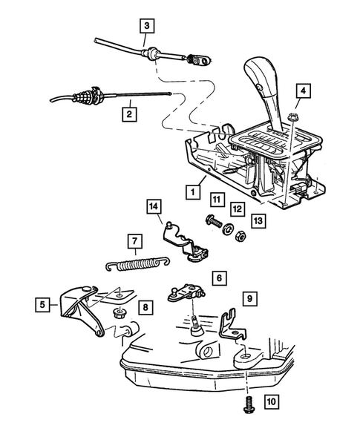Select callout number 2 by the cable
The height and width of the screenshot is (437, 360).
tap(129, 114)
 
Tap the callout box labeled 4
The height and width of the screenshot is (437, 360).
tap(303, 92)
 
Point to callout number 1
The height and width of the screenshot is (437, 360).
tap(192, 191)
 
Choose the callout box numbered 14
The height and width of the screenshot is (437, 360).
tap(154, 206)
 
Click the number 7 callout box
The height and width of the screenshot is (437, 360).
tap(134, 241)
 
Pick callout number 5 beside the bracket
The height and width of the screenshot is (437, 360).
tap(44, 303)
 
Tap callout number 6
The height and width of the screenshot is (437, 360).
tap(219, 278)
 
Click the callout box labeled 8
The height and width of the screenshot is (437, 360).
tap(145, 306)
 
